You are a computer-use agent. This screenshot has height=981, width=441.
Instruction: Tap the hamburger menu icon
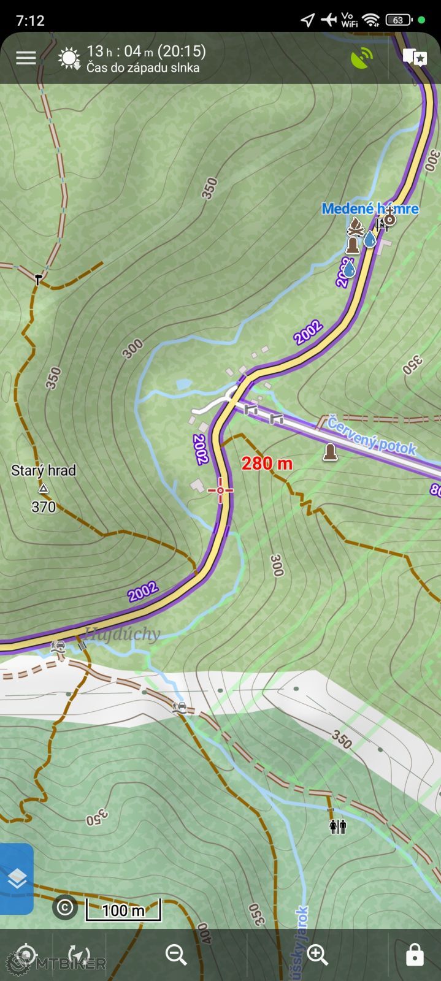click(x=26, y=58)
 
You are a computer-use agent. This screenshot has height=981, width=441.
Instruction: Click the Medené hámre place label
click(x=370, y=208)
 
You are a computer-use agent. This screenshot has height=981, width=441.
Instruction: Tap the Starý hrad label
click(x=44, y=470)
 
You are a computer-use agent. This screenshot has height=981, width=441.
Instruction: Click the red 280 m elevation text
click(x=267, y=464)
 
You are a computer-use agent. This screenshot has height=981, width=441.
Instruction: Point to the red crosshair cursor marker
click(x=220, y=490)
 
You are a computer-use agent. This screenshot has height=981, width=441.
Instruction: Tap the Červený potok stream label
click(x=372, y=435)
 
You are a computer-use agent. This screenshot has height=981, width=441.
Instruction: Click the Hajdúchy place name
click(x=123, y=633)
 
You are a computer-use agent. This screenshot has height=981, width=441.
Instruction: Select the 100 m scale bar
click(x=123, y=909)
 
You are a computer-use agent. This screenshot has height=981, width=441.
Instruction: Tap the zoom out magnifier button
click(x=176, y=955)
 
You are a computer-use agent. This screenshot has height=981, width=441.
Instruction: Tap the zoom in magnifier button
click(x=318, y=955)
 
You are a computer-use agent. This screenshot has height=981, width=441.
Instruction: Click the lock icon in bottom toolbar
click(x=415, y=955)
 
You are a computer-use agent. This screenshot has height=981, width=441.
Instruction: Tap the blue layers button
click(x=17, y=879)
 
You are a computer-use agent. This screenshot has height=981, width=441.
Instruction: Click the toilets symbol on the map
click(x=338, y=826)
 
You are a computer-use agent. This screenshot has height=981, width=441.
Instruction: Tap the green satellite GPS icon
click(x=362, y=58)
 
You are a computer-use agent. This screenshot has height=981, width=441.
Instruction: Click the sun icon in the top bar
click(x=69, y=59)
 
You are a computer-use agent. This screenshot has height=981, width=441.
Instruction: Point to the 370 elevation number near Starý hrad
click(x=44, y=506)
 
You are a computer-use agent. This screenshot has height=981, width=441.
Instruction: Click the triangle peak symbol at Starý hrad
click(x=44, y=489)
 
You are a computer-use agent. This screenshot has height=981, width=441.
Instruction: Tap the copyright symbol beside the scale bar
click(x=65, y=907)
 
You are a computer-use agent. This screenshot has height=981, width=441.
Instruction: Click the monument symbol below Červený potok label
click(x=331, y=452)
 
